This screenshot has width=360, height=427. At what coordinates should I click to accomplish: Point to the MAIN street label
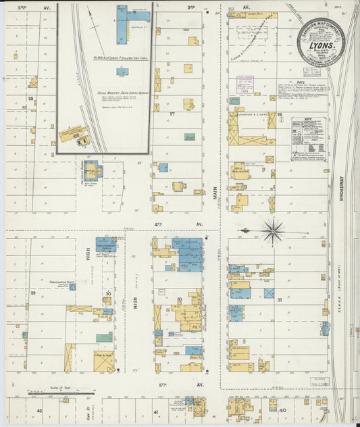tap(217, 197)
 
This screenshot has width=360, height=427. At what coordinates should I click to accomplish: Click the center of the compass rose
tap(273, 230)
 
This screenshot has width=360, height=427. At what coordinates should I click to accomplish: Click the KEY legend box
tap(307, 139)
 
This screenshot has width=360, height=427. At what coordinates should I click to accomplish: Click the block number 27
tap(172, 114)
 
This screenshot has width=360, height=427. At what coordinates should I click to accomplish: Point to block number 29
tap(32, 293)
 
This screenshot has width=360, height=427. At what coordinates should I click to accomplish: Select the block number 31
tap(279, 300)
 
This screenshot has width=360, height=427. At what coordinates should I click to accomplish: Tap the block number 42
tap(39, 410)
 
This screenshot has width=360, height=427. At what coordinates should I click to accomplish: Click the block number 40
tap(282, 409)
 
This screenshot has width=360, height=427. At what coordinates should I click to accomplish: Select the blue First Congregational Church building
tap(106, 244)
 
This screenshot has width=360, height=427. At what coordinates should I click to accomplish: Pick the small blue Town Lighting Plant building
tap(72, 286)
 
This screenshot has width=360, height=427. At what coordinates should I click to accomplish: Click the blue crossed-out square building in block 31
tap(269, 293)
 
